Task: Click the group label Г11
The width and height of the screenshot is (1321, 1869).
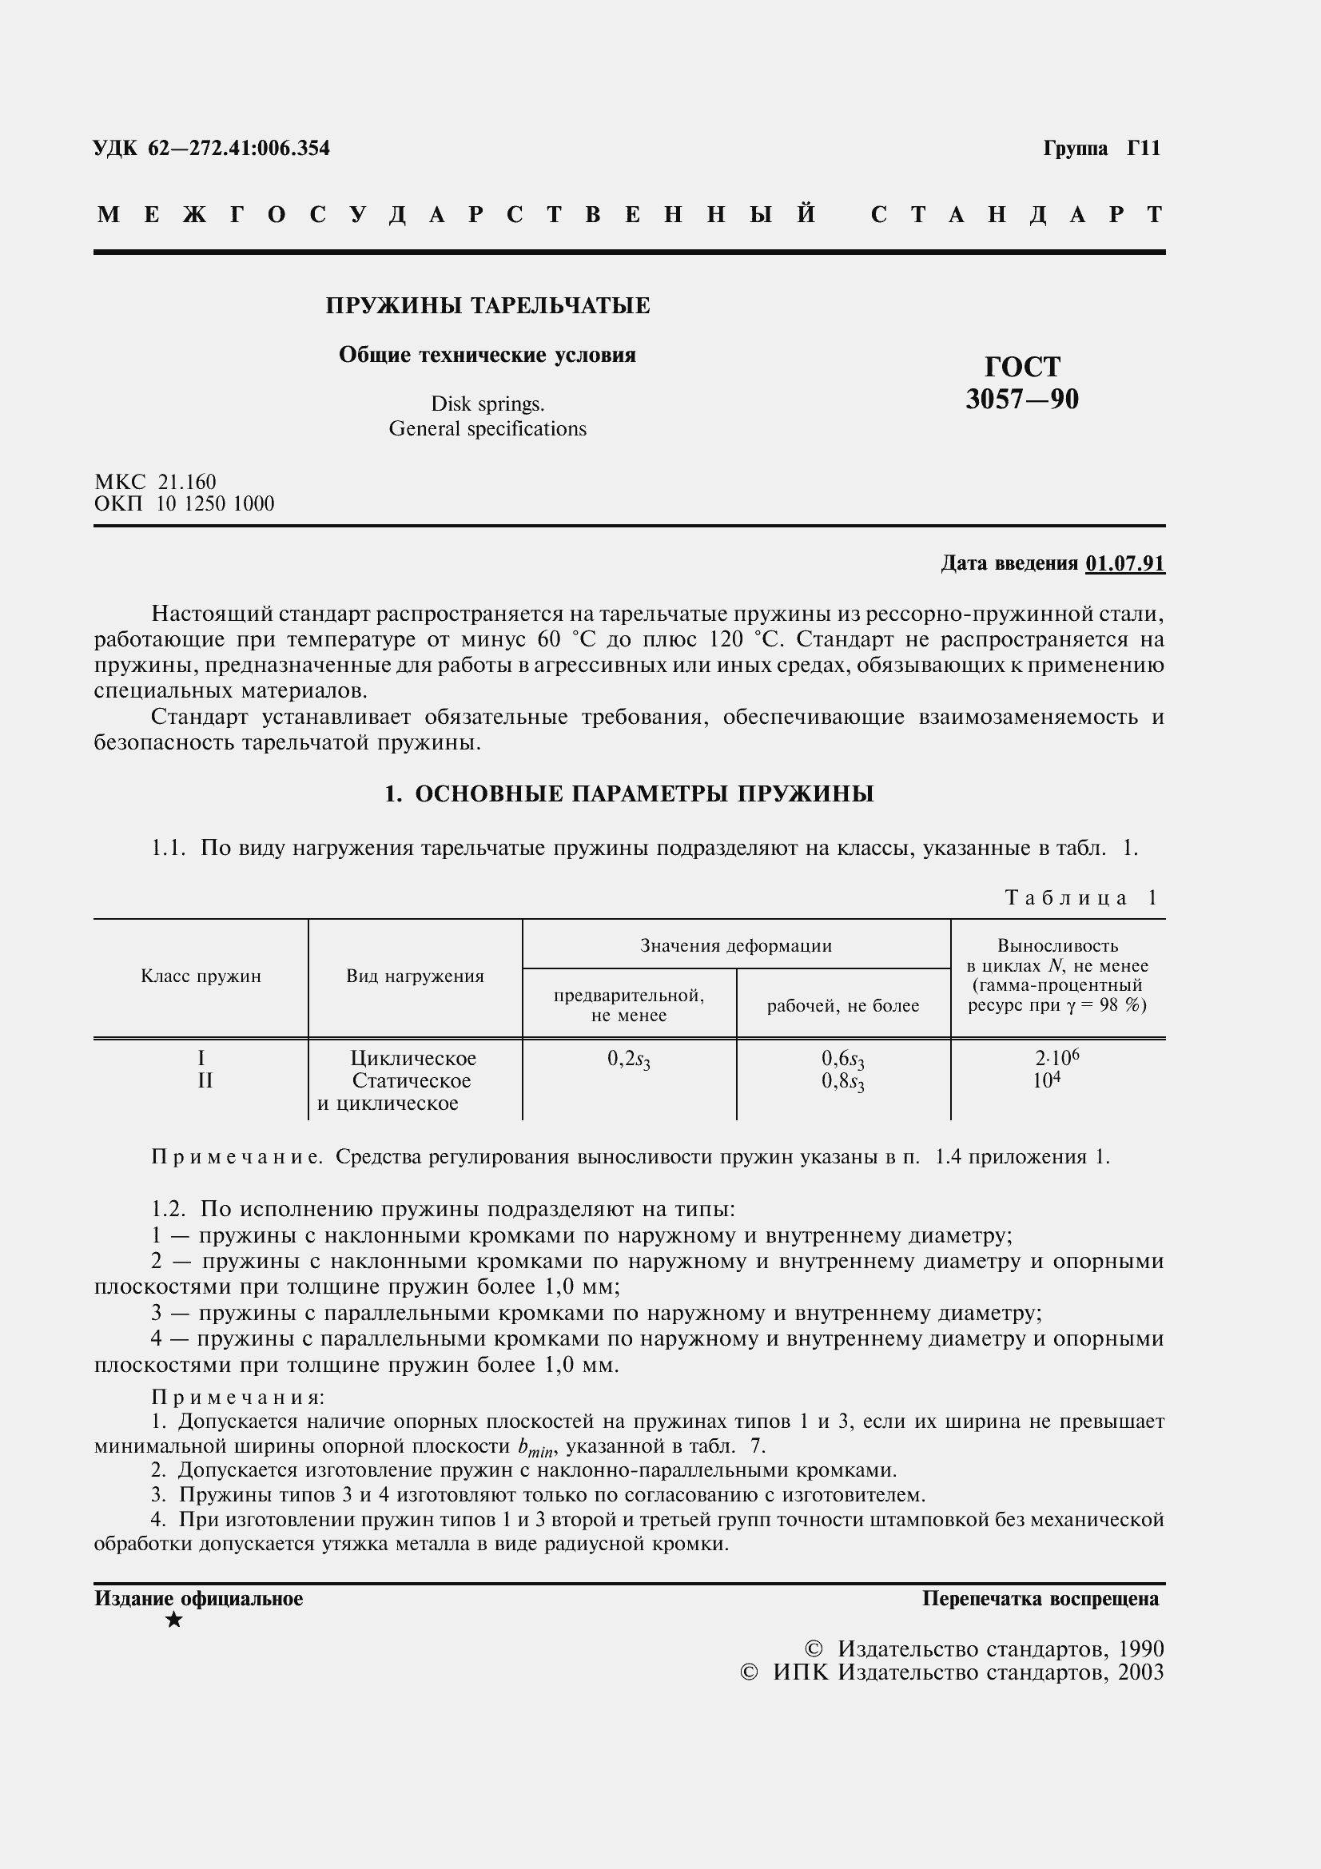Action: (x=1143, y=148)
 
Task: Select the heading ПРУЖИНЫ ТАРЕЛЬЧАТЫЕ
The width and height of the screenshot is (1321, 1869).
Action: (x=487, y=306)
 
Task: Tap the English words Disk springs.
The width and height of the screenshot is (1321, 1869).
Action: (x=487, y=404)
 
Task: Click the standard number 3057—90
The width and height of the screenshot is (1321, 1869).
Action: (x=1021, y=400)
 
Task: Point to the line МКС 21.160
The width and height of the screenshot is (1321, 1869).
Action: (x=155, y=482)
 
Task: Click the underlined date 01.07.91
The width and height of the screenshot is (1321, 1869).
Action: (x=1125, y=563)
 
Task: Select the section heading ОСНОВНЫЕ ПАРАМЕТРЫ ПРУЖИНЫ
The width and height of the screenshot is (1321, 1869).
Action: (x=644, y=793)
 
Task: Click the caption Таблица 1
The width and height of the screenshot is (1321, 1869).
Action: (x=1080, y=898)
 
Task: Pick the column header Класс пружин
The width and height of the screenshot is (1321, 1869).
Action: (x=201, y=976)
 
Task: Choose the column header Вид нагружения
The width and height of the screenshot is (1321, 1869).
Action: (x=414, y=976)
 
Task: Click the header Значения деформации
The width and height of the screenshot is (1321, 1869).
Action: (x=735, y=945)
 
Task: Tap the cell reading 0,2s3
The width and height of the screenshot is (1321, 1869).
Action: (x=628, y=1059)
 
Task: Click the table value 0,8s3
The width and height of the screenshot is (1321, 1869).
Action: (x=842, y=1083)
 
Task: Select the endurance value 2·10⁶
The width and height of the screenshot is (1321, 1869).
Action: (x=1056, y=1057)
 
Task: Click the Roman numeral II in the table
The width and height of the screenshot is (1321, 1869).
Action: (x=205, y=1081)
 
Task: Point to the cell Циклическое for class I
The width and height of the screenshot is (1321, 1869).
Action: (x=412, y=1058)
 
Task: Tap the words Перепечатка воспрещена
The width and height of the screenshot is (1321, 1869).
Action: (x=1040, y=1599)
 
